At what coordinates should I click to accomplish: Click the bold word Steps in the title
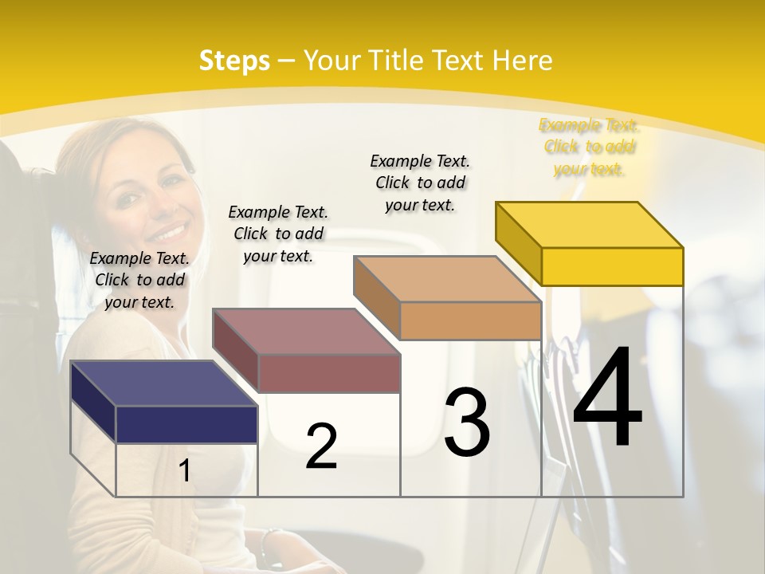point(234,61)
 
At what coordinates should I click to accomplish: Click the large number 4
point(607,399)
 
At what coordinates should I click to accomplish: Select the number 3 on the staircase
point(467,422)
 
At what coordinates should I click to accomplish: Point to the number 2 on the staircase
point(321,446)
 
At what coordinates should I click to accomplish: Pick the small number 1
point(184,470)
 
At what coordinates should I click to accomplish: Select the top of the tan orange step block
point(447,279)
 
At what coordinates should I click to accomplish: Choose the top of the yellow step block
point(590,224)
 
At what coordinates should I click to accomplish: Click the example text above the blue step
point(139,280)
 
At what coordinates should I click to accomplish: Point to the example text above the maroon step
point(278,234)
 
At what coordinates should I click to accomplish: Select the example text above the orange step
point(420,183)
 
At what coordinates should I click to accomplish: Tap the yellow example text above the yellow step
point(589,147)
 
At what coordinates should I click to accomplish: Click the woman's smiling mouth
point(168,234)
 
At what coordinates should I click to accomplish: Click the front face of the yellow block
point(612,266)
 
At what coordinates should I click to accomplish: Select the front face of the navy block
point(186,424)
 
